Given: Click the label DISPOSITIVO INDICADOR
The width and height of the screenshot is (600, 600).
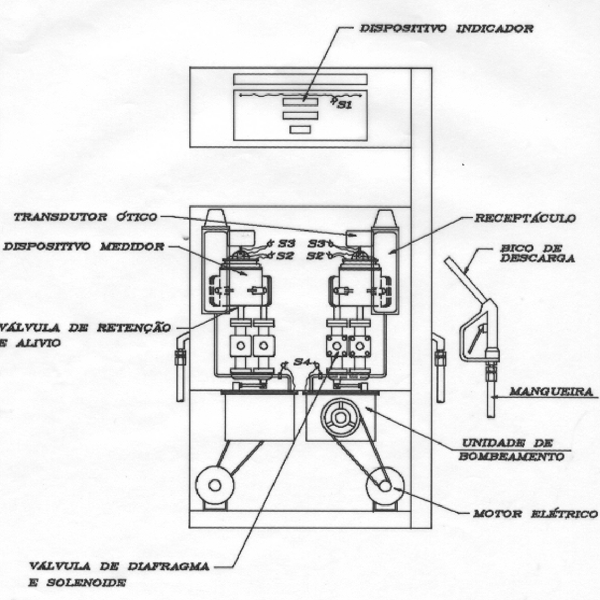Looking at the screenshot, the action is [446, 29].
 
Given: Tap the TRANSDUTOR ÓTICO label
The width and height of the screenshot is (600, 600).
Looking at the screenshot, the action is [86, 217].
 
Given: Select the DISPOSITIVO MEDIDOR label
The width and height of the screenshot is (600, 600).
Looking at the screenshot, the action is [84, 246].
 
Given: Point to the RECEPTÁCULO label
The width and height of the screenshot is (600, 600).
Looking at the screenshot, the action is [525, 218].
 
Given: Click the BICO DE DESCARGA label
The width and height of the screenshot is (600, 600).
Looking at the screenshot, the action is [538, 253].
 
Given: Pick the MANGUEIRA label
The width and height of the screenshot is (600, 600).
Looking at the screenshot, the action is [551, 391].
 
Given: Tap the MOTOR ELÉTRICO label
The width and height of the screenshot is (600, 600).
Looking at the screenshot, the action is [536, 513].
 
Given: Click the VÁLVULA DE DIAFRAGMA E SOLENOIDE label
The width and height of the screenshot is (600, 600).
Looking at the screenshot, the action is [119, 574].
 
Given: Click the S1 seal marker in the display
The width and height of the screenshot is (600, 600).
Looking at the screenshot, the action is [344, 105].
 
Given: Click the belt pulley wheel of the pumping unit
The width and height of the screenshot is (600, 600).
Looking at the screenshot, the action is [340, 417].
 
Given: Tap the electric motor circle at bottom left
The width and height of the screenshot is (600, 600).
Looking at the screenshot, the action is [215, 485].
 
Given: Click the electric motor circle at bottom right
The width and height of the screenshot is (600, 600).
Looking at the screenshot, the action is [385, 485].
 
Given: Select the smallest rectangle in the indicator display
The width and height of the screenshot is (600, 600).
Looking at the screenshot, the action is [300, 130].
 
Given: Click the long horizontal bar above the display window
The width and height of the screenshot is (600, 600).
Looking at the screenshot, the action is [300, 79].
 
